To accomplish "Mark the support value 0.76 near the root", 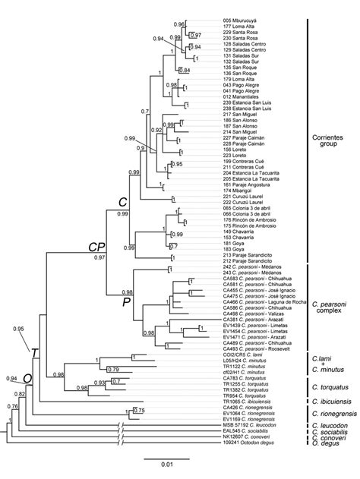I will click(x=11, y=407).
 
